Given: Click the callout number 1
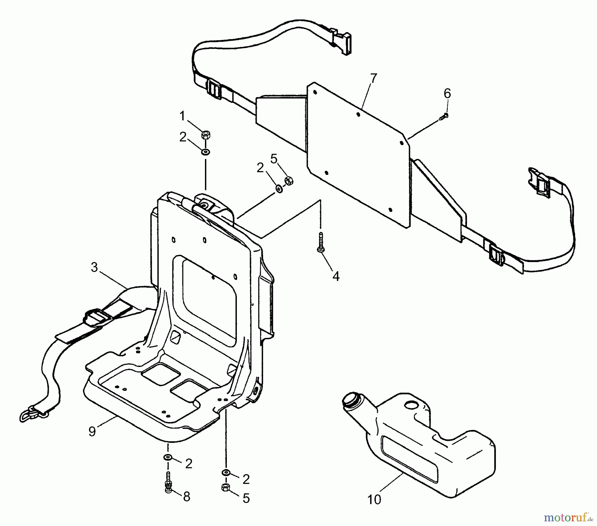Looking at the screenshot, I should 182,117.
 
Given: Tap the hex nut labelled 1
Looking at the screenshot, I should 206,135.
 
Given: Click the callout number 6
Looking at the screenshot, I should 447,94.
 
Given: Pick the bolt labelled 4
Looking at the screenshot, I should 321,244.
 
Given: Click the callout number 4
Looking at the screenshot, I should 336,276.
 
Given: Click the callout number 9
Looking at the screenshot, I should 92,431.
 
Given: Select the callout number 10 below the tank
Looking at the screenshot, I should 374,500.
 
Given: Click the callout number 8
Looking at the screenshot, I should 187,497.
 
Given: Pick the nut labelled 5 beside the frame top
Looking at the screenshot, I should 289,181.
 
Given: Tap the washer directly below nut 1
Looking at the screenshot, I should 206,152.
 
